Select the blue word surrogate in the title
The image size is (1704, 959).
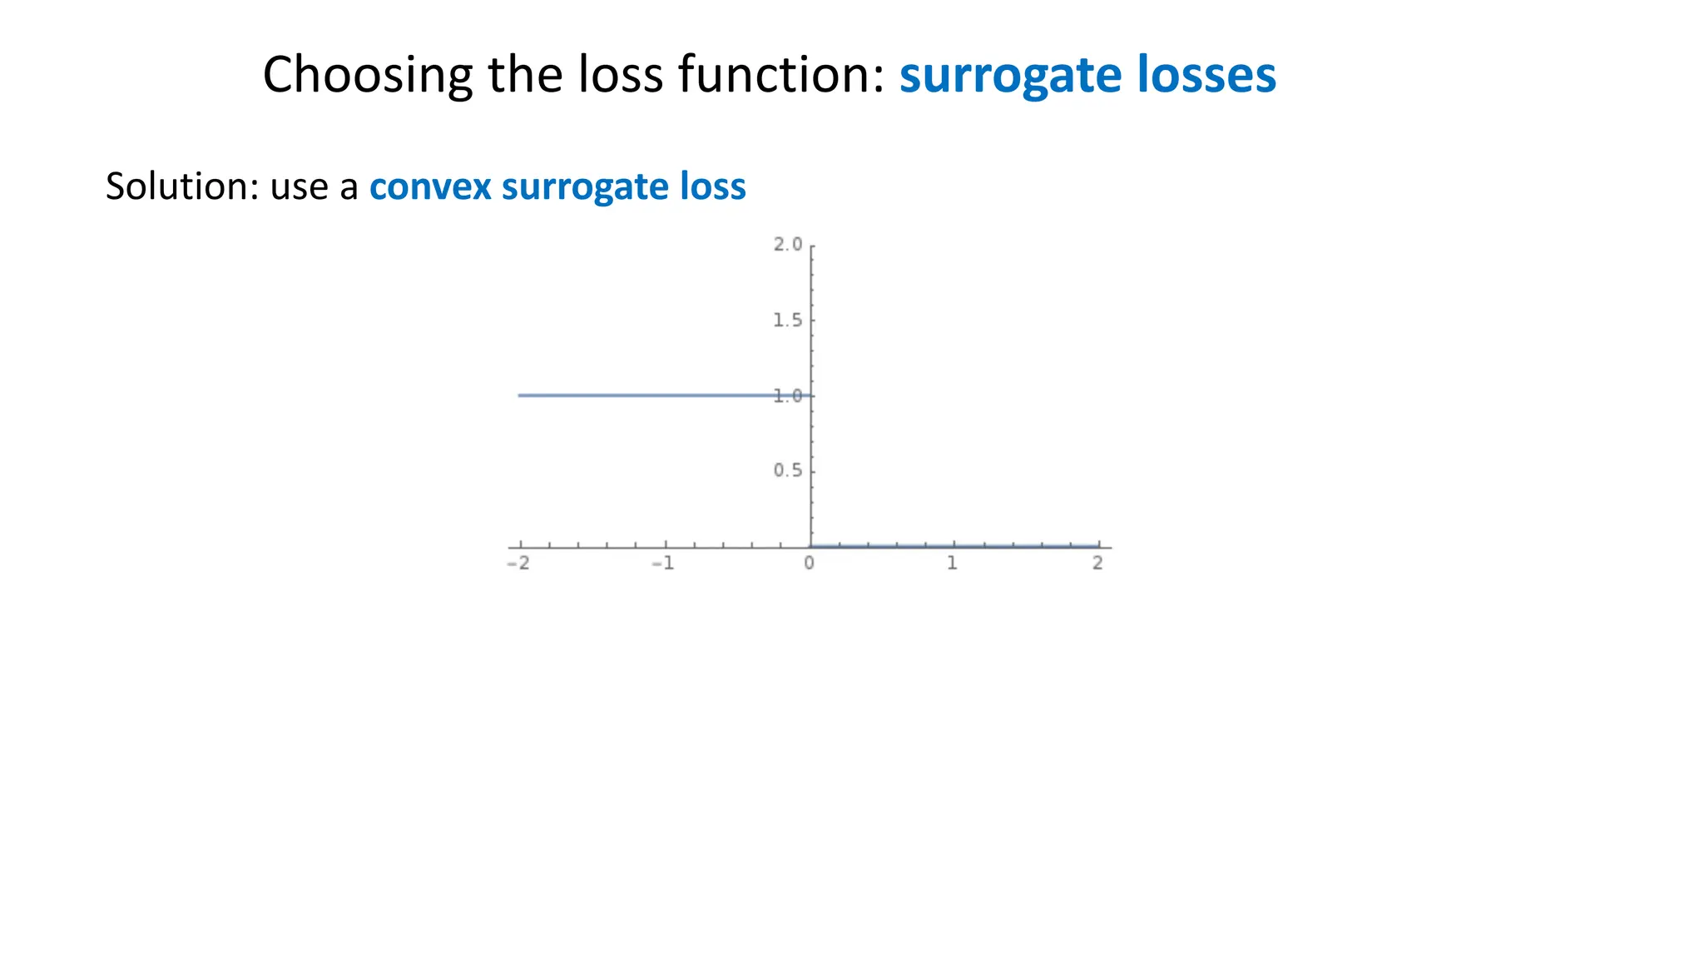[x=998, y=75]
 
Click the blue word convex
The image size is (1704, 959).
[x=430, y=186]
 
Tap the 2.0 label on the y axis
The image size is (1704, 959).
[x=787, y=245]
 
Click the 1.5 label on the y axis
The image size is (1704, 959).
[x=787, y=320]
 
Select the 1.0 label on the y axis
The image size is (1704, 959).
[x=787, y=396]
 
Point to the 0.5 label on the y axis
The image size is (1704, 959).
[x=787, y=471]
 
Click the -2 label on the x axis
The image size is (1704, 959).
[x=518, y=564]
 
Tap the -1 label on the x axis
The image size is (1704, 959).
[x=662, y=564]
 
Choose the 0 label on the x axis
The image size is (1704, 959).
[x=809, y=564]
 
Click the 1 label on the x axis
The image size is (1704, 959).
[x=953, y=564]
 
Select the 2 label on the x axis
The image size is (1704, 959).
[x=1097, y=564]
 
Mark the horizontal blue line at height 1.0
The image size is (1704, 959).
[x=649, y=395]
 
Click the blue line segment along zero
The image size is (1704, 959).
[x=957, y=546]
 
